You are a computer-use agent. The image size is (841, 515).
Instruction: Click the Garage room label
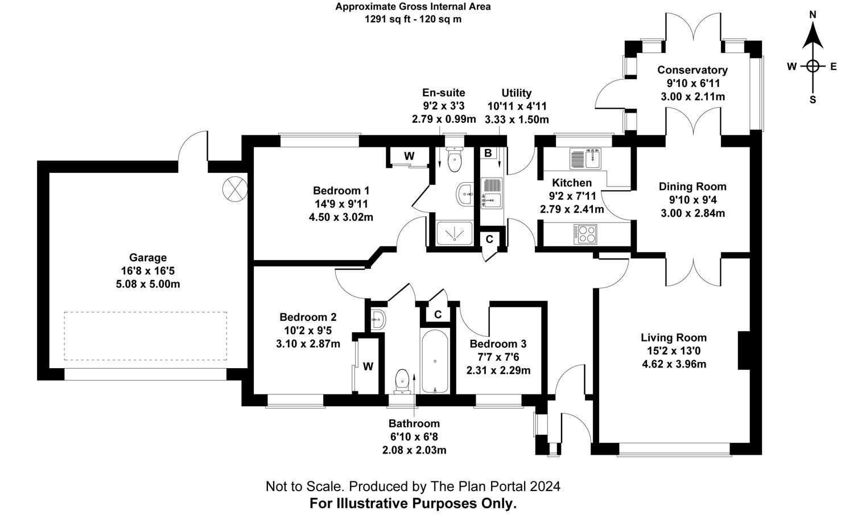click(x=147, y=258)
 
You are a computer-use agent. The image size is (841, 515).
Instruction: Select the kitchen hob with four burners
click(x=586, y=233)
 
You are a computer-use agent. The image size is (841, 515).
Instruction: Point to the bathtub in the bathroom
click(x=435, y=361)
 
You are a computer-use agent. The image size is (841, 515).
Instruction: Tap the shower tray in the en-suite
click(x=454, y=232)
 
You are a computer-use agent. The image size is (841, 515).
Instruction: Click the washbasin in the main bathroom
click(x=378, y=320)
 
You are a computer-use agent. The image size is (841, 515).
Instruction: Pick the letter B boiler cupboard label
click(x=488, y=153)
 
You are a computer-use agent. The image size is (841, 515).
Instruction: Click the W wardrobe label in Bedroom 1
click(x=409, y=156)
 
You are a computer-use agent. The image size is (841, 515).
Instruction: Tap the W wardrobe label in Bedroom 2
click(x=368, y=366)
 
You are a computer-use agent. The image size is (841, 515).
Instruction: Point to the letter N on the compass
click(x=813, y=30)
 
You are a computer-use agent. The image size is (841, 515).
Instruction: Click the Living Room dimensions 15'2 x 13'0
click(x=674, y=351)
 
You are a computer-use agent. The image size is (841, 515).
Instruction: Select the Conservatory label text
click(x=692, y=70)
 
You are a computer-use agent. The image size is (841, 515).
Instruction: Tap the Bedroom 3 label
click(x=497, y=344)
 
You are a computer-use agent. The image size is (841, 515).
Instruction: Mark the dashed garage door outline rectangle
click(x=145, y=336)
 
